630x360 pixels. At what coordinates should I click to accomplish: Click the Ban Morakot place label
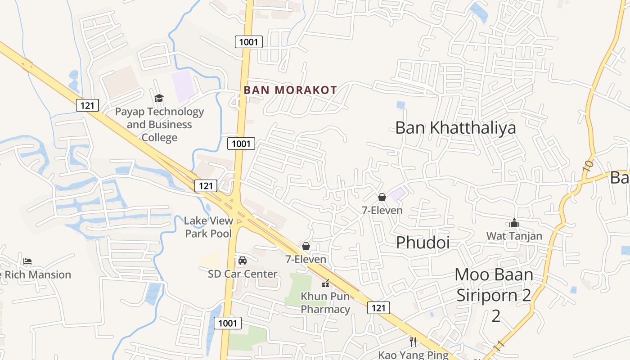click(290, 90)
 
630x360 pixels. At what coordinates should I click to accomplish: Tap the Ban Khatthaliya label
click(455, 128)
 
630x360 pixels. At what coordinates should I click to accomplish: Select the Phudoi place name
click(423, 243)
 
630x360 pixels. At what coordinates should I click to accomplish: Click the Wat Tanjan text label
click(514, 236)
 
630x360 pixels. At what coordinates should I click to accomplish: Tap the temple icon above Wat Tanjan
click(514, 223)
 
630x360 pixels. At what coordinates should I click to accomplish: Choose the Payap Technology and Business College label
click(159, 124)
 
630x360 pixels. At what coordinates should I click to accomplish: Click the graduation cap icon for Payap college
click(159, 98)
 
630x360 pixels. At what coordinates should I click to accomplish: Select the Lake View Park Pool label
click(209, 227)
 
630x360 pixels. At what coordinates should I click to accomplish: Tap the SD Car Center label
click(243, 274)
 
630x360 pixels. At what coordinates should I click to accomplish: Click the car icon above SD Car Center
click(243, 260)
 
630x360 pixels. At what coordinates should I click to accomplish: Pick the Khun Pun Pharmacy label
click(325, 302)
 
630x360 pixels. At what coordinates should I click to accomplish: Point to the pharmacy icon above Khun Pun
click(325, 283)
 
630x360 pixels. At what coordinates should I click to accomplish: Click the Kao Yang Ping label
click(413, 355)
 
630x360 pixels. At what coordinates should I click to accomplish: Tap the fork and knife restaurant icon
click(413, 342)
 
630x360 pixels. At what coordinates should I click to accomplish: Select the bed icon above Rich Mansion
click(27, 261)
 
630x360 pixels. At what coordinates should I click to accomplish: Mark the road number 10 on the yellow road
click(588, 166)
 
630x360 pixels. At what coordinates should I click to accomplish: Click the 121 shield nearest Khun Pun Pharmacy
click(378, 308)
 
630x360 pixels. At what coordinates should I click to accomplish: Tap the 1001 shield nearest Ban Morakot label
click(248, 42)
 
